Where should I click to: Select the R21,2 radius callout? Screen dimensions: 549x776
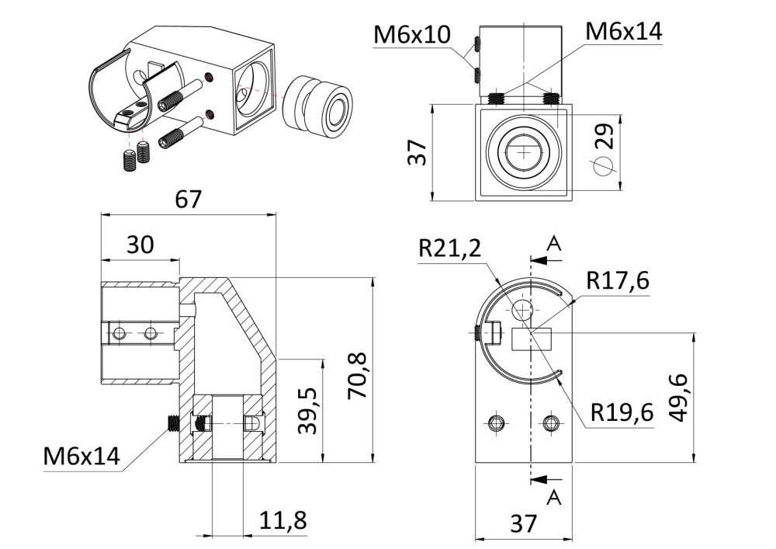[449, 248]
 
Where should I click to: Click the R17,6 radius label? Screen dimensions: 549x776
[618, 281]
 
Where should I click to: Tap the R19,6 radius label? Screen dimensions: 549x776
[621, 413]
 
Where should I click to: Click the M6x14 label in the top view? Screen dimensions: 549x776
[625, 31]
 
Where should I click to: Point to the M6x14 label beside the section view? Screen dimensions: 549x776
[81, 457]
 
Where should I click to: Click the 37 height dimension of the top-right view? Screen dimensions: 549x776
[417, 153]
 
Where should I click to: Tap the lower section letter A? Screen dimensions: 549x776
[554, 495]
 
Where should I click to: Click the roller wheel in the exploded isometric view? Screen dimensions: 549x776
[317, 106]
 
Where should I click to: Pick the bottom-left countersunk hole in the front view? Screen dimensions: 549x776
[497, 422]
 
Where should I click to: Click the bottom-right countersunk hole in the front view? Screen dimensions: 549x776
[552, 422]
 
